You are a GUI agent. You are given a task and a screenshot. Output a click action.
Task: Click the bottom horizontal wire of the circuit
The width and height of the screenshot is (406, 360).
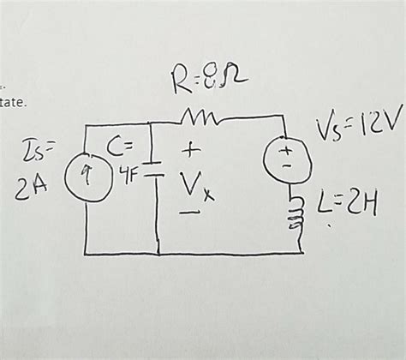coord(197,253)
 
